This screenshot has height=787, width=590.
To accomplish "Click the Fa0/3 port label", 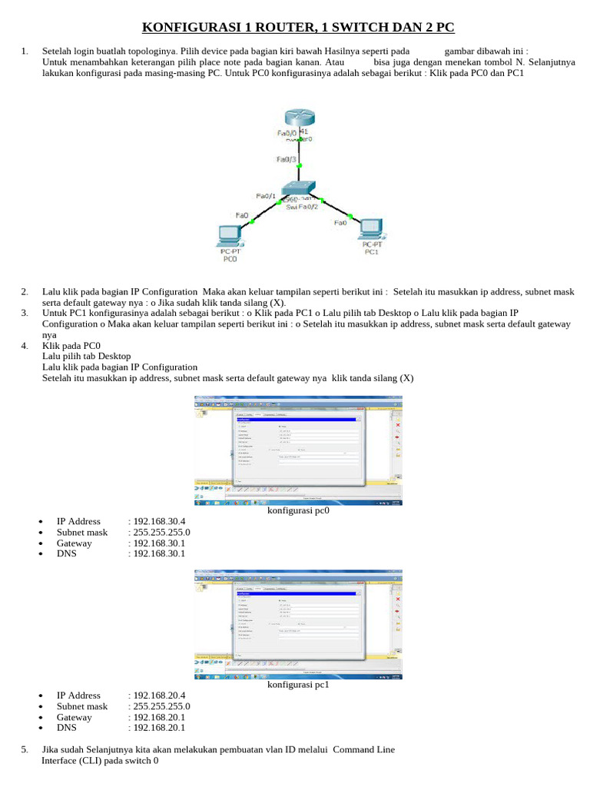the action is pos(287,160).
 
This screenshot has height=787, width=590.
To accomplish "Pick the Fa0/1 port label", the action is pos(266,197).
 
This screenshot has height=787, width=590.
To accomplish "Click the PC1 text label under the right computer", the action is pos(372,251).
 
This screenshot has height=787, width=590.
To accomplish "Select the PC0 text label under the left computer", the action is pos(230,260).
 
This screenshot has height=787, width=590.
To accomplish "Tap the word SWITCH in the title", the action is pos(357,28).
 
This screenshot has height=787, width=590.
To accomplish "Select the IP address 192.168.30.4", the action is pos(159,522).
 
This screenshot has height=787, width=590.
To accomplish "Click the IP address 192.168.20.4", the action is pos(159,696).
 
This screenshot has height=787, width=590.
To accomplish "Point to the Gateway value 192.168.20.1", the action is pos(159,717).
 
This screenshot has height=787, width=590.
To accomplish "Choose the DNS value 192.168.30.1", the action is pos(159,553).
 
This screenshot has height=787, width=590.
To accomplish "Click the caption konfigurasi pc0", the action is pos(298,510).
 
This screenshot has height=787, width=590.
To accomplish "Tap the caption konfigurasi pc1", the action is pos(298,685).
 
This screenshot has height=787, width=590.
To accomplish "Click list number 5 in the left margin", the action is pos(25,749).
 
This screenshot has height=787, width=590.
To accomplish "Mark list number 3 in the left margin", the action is pos(25,313).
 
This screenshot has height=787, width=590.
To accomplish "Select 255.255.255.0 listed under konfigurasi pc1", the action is pos(161,706).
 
